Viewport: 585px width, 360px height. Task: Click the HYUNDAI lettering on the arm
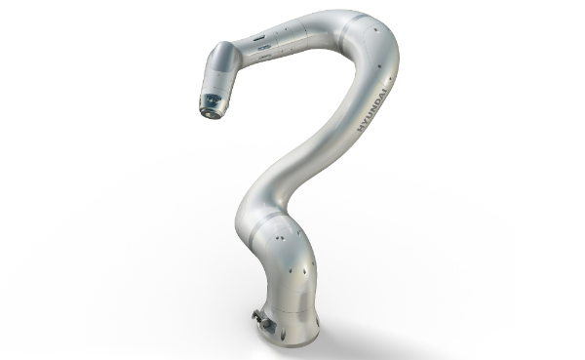click(372, 109)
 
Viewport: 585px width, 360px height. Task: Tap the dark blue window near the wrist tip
click(212, 100)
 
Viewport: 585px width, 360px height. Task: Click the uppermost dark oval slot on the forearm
click(259, 38)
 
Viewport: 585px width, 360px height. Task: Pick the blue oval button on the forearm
click(263, 48)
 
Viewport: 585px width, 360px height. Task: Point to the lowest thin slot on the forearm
click(264, 57)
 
